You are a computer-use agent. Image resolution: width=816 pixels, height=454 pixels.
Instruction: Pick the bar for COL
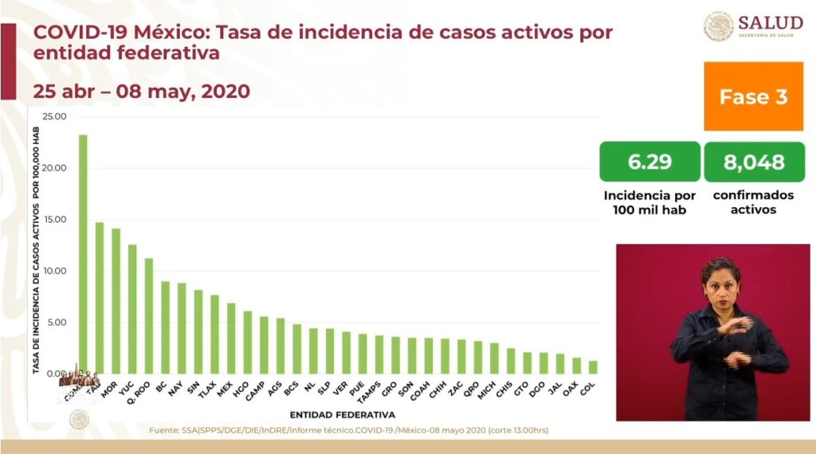click(593, 367)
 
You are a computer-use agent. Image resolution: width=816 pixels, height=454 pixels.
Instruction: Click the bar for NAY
click(182, 328)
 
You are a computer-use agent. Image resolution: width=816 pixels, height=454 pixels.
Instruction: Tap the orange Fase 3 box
click(753, 97)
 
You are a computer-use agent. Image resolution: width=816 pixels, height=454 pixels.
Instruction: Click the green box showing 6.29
click(649, 162)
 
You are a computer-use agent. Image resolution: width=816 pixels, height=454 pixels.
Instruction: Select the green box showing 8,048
click(753, 162)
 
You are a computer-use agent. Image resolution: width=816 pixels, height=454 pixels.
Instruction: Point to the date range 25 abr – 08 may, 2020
click(141, 91)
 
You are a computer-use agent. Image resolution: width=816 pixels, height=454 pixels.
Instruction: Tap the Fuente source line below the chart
click(348, 431)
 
